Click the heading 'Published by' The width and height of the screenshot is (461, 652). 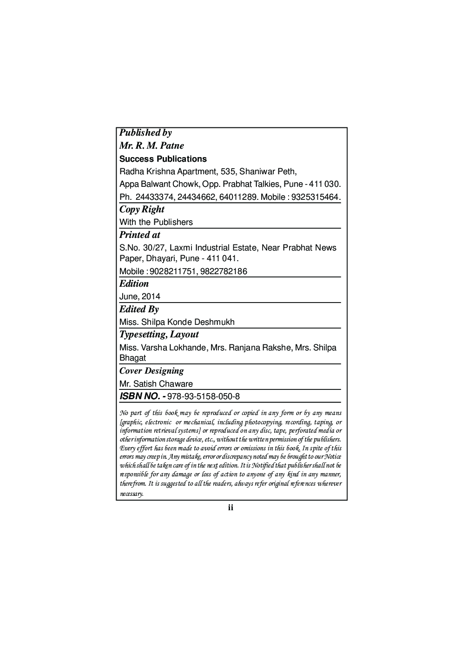tap(145, 133)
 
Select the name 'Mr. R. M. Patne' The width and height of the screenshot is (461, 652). tap(151, 146)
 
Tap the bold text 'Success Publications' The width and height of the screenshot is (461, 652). tap(163, 159)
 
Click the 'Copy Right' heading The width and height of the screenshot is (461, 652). tap(142, 210)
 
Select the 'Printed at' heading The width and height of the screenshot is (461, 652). tap(139, 235)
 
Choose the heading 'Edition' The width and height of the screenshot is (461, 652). tap(134, 284)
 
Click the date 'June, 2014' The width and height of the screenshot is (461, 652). tap(140, 296)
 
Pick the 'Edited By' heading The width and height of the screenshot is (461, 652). tap(139, 310)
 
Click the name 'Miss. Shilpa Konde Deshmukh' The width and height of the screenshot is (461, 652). tap(177, 322)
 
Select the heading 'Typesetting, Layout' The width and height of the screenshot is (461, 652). tap(159, 335)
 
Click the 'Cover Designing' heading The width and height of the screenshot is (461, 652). tap(151, 371)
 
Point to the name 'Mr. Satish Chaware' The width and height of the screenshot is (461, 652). tap(156, 384)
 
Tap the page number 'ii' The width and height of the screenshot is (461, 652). tap(230, 507)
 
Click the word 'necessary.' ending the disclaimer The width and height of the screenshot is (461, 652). tap(132, 494)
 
